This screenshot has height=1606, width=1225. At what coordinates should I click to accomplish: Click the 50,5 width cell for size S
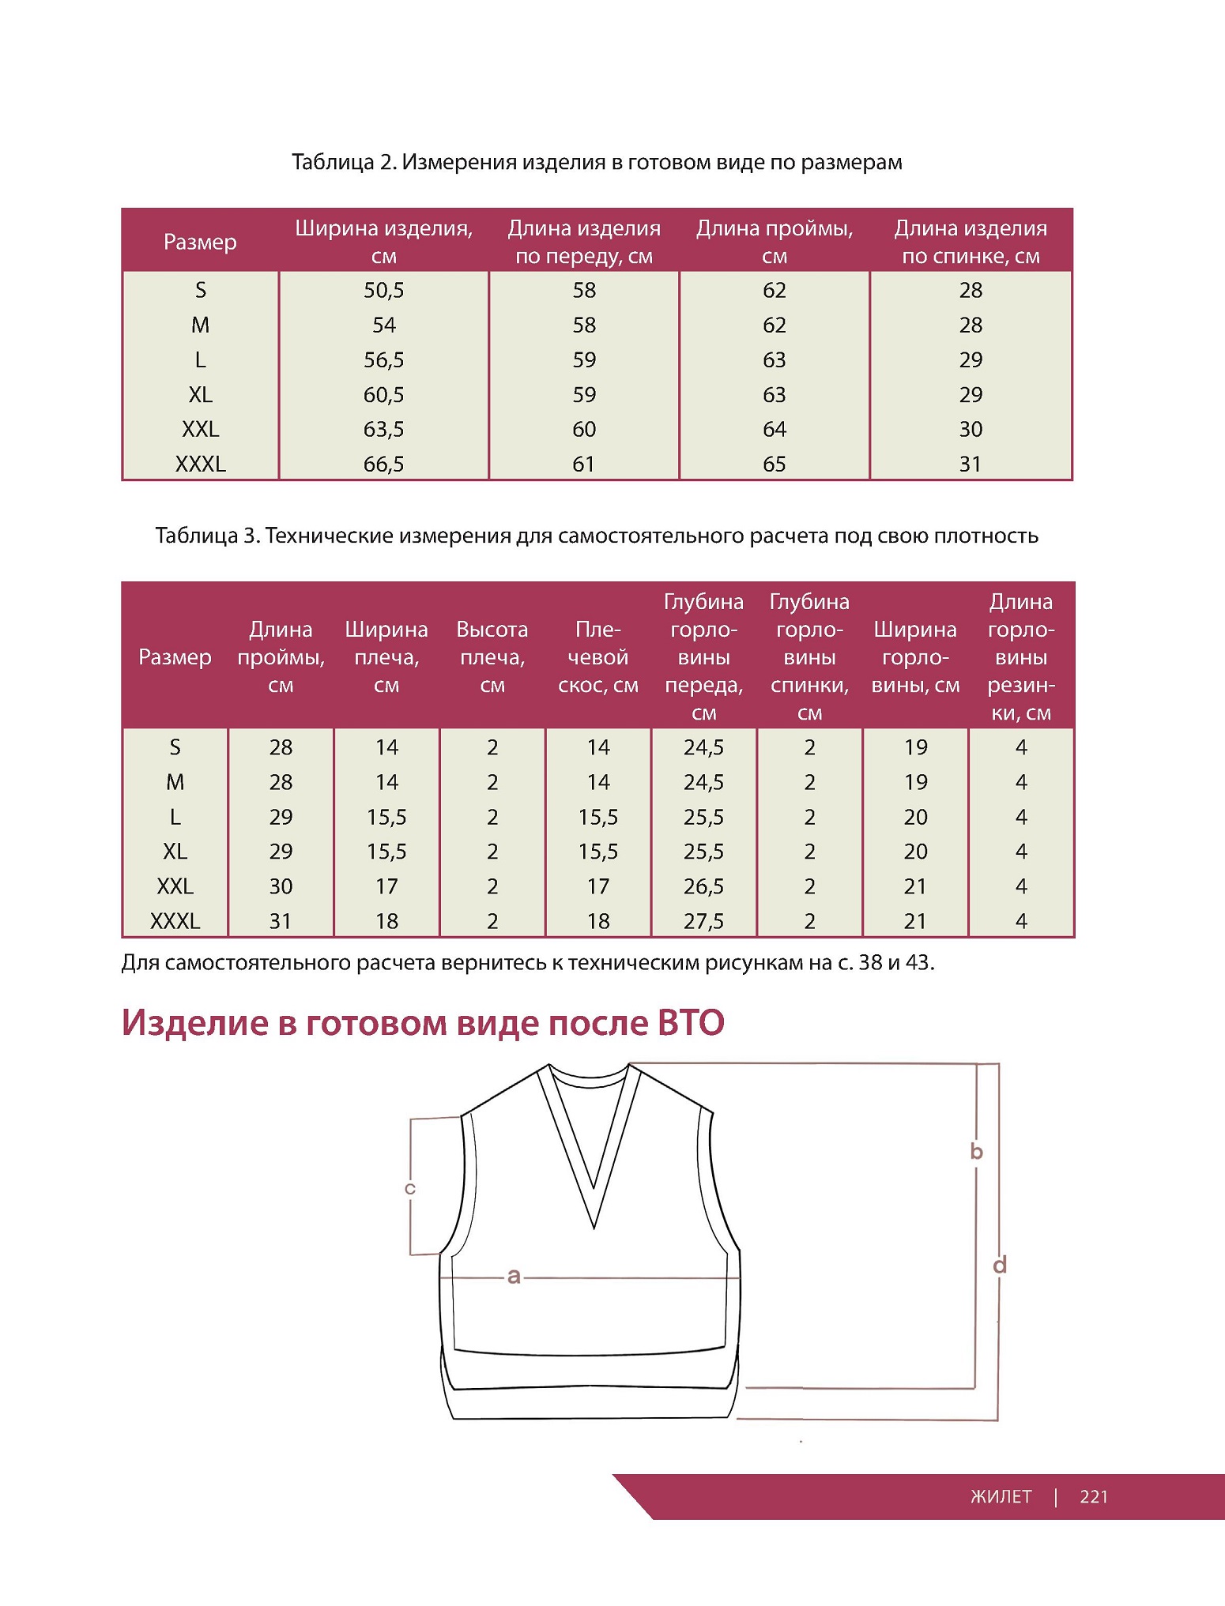coord(383,291)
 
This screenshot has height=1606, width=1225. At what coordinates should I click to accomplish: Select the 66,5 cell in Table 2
coord(383,464)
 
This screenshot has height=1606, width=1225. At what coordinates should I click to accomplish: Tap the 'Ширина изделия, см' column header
coord(383,241)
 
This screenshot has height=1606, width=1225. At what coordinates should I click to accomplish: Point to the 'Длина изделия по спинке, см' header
coord(971,241)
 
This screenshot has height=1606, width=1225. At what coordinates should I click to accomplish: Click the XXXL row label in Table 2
coord(200,464)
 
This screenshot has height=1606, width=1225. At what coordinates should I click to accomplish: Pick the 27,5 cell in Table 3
coord(703,921)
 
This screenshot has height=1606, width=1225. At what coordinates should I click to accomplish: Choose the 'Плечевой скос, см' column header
coord(598,657)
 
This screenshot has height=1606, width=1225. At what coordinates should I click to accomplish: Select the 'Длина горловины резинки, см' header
coord(1021,657)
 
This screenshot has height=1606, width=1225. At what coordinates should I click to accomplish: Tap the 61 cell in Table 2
coord(584,464)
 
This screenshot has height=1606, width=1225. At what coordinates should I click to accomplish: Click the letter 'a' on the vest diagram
coord(514,1276)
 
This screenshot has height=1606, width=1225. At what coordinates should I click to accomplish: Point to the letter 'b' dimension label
coord(977,1152)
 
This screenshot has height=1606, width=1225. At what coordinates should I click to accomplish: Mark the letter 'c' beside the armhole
coord(410,1189)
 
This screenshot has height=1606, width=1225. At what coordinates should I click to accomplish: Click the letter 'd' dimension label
coord(1000,1266)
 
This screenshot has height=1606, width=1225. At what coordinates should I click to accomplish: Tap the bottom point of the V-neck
coord(594,1227)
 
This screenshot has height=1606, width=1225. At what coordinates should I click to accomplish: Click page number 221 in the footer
coord(1094,1497)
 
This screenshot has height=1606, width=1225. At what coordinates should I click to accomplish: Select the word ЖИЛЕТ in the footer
coord(1001,1497)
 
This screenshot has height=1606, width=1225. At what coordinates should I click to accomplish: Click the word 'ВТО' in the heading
coord(691,1023)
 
